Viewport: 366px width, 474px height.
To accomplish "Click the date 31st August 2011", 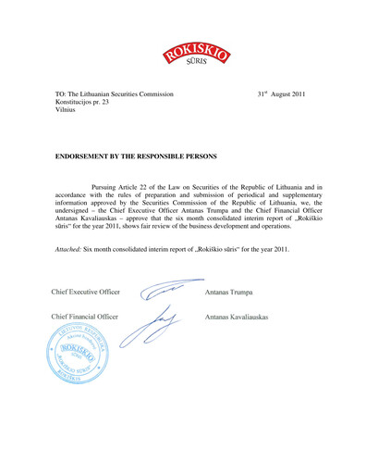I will pyautogui.click(x=281, y=94).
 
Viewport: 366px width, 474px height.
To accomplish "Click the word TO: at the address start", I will pyautogui.click(x=62, y=94).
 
